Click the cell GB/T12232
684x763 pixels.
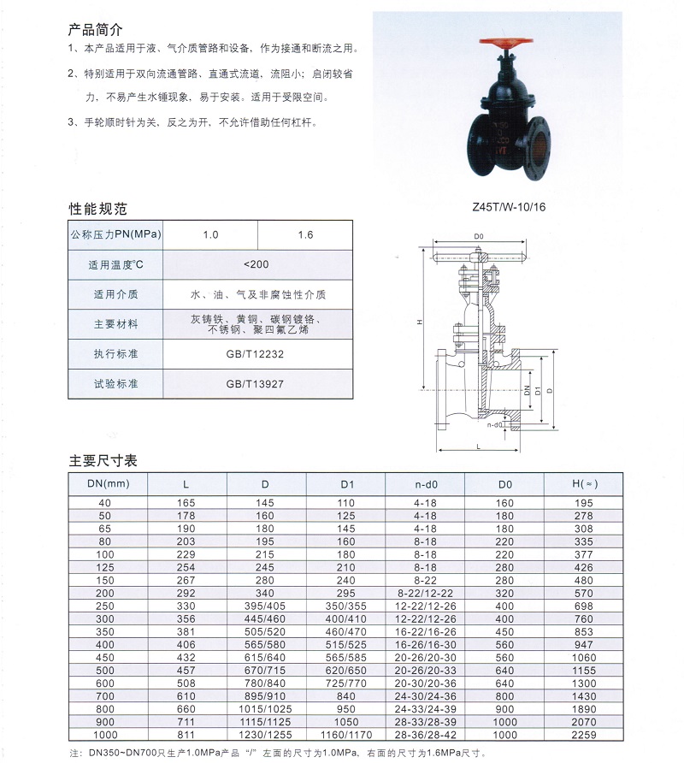(256, 353)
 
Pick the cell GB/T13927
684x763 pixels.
(256, 384)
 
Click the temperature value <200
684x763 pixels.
(256, 264)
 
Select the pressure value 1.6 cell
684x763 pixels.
(305, 234)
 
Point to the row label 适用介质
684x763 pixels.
(115, 294)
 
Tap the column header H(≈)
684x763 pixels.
(584, 484)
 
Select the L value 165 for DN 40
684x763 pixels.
(186, 502)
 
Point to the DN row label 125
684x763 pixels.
(105, 566)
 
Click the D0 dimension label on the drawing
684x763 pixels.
(479, 235)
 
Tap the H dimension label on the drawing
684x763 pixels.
(420, 322)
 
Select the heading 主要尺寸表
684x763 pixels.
(103, 461)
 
